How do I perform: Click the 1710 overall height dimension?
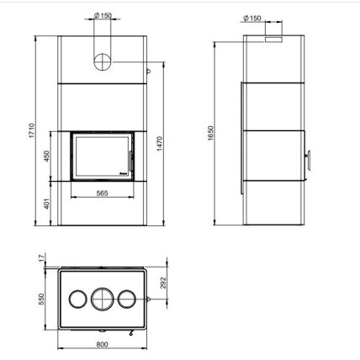point(32,130)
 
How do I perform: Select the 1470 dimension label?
point(160,144)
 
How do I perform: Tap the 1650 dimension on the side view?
point(211,133)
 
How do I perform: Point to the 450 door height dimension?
point(46,156)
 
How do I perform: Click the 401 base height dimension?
point(46,204)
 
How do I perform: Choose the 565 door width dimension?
point(102,193)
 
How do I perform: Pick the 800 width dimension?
point(102,345)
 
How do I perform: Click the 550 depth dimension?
point(41,299)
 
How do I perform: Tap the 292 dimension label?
point(163,283)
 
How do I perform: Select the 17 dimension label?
point(42,258)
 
